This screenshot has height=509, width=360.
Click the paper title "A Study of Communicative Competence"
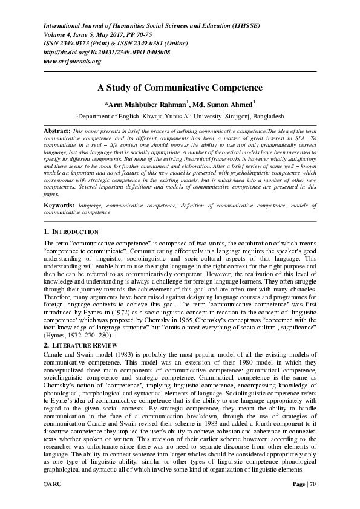coord(180,88)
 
